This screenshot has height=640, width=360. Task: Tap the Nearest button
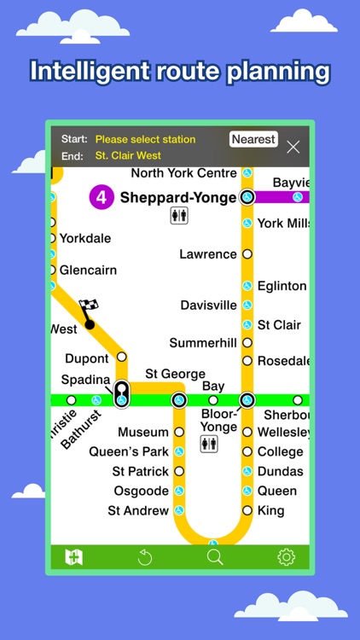(x=253, y=139)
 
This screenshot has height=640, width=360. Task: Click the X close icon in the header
(x=293, y=147)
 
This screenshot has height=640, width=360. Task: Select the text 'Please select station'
(x=145, y=139)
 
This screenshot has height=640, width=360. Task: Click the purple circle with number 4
(x=102, y=198)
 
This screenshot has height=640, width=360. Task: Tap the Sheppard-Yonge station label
(x=178, y=198)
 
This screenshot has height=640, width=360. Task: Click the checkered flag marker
(x=89, y=306)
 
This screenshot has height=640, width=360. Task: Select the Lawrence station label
(x=208, y=254)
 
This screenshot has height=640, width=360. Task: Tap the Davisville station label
(x=208, y=305)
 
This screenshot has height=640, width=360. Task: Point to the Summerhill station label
(x=203, y=343)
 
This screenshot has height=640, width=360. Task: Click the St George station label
(x=175, y=374)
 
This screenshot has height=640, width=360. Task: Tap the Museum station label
(x=143, y=433)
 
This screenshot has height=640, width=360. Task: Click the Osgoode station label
(x=142, y=491)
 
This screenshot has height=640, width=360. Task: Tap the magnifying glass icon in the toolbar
(x=215, y=557)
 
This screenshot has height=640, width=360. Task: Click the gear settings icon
(x=286, y=557)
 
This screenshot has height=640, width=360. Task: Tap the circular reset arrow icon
(x=145, y=557)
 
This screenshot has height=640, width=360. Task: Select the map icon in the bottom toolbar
(x=74, y=557)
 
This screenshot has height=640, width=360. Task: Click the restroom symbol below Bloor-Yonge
(x=209, y=444)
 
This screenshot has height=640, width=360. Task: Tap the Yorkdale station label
(x=85, y=238)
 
